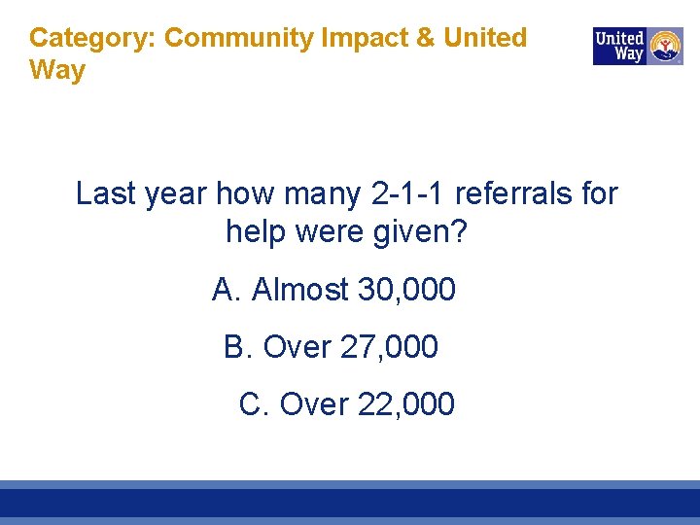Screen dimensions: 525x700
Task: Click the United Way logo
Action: [x=638, y=46]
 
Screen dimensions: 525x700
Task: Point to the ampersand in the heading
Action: [x=426, y=38]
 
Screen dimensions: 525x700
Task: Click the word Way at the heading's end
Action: [x=57, y=70]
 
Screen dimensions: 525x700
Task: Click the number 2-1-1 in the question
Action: [x=408, y=193]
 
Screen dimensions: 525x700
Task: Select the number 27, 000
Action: [x=389, y=346]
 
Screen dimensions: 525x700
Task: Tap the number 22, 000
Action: [x=405, y=403]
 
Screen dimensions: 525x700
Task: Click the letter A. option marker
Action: [x=227, y=289]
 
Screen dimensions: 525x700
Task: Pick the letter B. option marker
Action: [x=238, y=346]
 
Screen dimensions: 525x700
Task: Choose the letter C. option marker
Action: [x=254, y=403]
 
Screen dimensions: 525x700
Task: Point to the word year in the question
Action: [x=174, y=193]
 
